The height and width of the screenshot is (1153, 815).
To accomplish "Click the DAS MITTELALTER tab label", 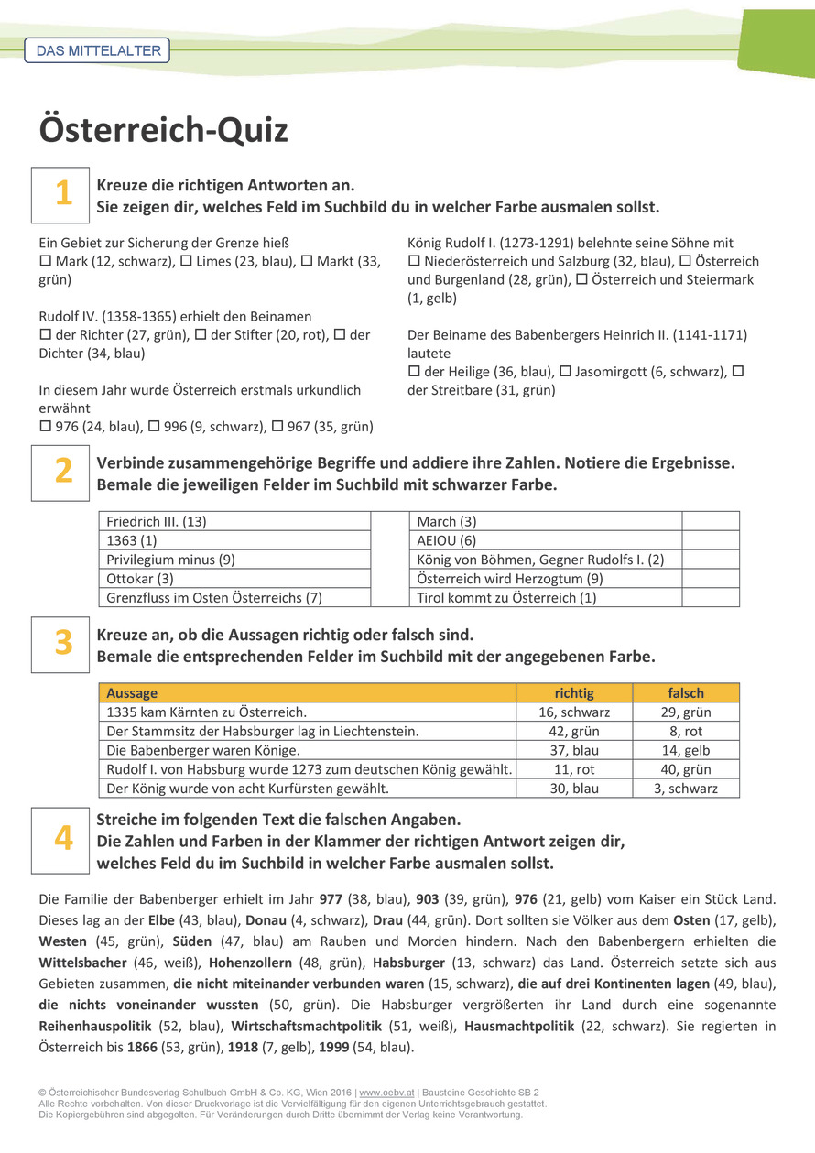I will [x=97, y=51].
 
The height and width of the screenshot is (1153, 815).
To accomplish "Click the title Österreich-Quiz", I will [x=163, y=130].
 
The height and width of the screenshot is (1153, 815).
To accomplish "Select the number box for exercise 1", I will [x=60, y=194].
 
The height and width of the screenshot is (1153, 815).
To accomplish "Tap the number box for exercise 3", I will [x=60, y=644].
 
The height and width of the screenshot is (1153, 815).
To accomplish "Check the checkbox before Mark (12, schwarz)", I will [x=45, y=262].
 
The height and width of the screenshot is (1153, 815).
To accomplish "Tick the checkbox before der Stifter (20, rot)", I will [x=201, y=335].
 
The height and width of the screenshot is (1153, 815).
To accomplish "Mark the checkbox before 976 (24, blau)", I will [x=45, y=427].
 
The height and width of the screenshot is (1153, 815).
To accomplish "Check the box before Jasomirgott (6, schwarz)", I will [x=566, y=372].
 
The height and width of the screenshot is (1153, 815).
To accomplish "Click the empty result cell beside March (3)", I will [x=711, y=521].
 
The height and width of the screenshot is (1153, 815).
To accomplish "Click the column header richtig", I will [x=574, y=693].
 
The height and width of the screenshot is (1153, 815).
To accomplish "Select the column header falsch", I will [x=686, y=693].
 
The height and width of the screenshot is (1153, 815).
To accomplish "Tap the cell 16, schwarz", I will [x=574, y=712].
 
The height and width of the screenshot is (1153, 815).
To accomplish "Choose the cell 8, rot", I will [x=686, y=731].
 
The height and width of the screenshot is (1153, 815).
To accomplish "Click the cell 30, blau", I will [x=574, y=789].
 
